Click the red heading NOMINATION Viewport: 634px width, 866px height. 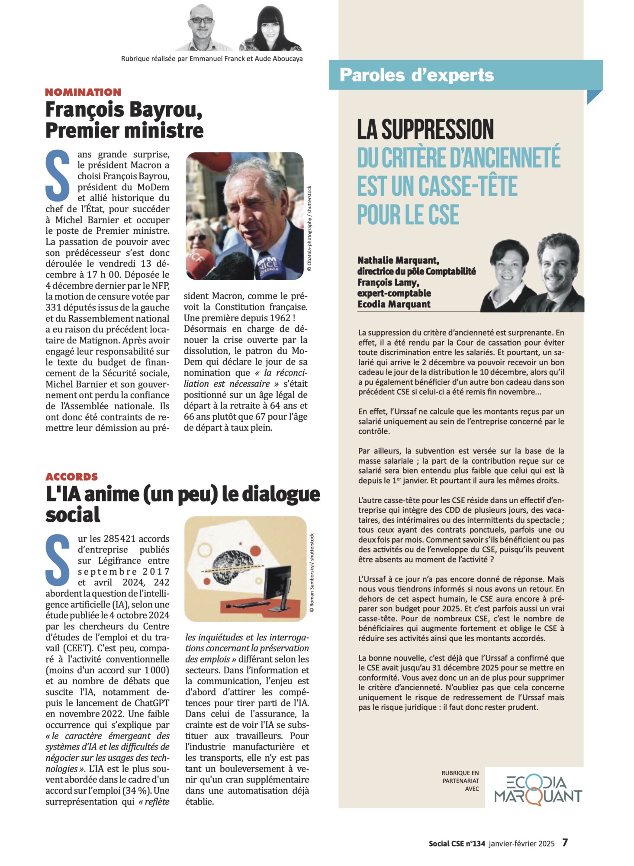click(x=83, y=92)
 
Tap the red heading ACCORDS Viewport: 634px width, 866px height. click(x=72, y=477)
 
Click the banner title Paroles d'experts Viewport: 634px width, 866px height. click(x=416, y=75)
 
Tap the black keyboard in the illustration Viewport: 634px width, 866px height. click(x=247, y=604)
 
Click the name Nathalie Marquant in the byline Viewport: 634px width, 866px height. click(x=398, y=260)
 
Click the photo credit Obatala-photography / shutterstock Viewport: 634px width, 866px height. click(x=309, y=228)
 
